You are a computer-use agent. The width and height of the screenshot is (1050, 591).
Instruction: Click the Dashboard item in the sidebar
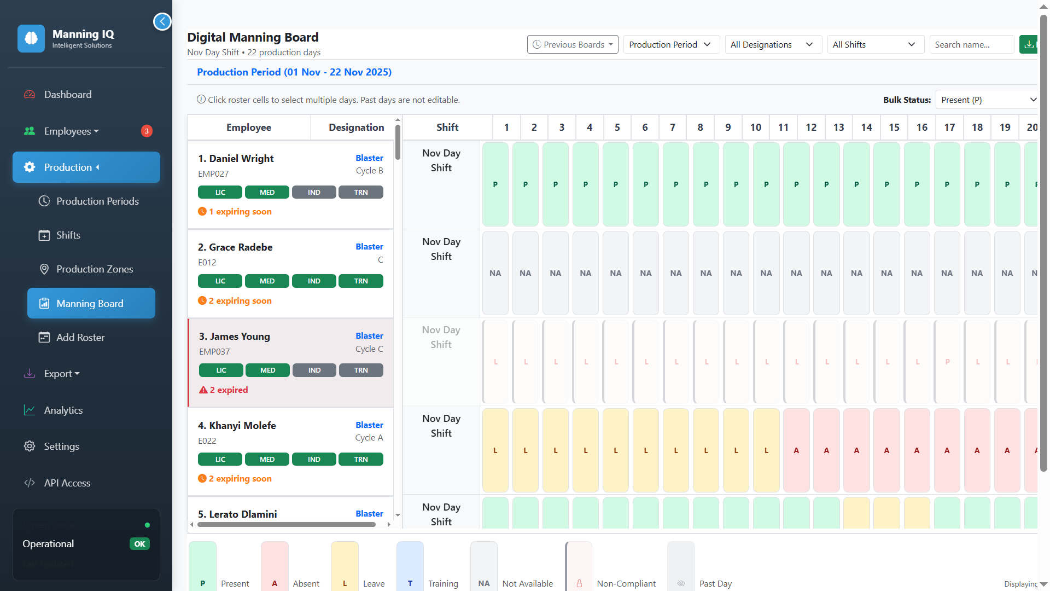[68, 95]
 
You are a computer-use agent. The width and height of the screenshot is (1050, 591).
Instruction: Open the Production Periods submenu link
[97, 201]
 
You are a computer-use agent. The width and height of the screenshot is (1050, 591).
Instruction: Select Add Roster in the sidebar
[80, 338]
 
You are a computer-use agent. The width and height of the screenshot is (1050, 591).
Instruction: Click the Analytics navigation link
[63, 410]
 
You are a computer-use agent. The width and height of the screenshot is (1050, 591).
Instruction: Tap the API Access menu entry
[67, 483]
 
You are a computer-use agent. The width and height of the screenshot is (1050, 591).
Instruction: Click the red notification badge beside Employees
[147, 131]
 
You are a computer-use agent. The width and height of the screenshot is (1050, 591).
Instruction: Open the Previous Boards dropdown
[573, 45]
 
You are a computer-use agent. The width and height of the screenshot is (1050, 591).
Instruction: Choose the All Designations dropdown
[772, 45]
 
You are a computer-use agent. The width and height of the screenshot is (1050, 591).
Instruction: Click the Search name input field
[971, 45]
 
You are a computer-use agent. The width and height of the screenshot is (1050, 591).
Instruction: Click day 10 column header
[756, 128]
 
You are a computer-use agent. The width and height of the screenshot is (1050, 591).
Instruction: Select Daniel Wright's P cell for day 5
[616, 184]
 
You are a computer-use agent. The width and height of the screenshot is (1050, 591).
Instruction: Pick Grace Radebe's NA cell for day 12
[826, 273]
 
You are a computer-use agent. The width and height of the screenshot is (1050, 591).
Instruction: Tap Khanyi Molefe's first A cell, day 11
[796, 450]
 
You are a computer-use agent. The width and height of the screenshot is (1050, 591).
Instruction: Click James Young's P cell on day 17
[947, 362]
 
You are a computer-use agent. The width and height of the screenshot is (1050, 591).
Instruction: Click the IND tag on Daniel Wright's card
[314, 193]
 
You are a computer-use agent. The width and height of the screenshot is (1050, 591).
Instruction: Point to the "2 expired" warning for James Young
[224, 390]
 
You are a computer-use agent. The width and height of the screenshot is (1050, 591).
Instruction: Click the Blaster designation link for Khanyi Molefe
[369, 425]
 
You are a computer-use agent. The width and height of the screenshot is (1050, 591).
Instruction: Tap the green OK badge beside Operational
[139, 544]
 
